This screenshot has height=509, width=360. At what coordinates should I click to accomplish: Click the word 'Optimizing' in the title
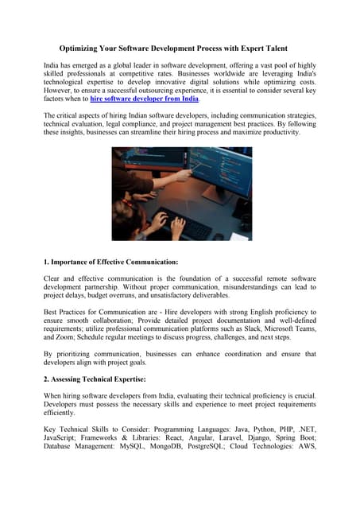(x=83, y=49)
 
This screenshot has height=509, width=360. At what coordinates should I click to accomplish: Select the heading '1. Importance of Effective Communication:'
(x=110, y=262)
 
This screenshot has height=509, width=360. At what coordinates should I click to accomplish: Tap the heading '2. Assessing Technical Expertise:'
(x=95, y=379)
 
